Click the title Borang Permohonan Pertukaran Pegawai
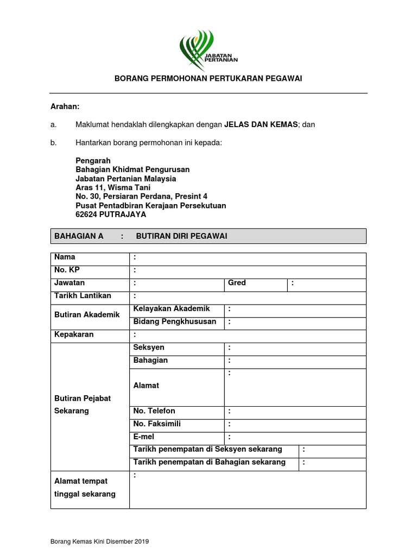(208, 78)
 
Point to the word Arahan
(65, 108)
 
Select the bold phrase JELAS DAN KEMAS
(261, 124)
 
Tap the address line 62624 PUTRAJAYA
(111, 214)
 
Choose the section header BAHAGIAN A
(79, 236)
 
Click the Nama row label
(65, 257)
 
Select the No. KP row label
(67, 270)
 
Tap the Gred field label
(237, 283)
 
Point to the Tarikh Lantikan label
(83, 296)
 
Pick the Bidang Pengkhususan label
(174, 321)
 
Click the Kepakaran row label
(74, 334)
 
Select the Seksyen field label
(149, 347)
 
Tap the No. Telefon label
(154, 411)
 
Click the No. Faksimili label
(157, 424)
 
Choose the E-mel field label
(144, 437)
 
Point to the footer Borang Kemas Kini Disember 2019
(99, 542)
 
